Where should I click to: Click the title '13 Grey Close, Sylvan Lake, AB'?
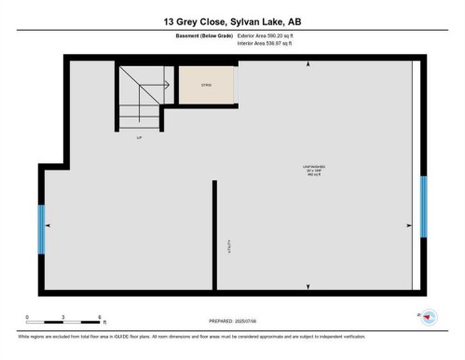232,20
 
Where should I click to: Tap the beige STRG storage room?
206,85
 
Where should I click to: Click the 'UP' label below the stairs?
139,137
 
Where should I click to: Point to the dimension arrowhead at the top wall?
308,65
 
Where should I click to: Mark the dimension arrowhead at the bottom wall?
308,285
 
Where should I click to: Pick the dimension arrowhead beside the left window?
48,225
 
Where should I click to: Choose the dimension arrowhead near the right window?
409,225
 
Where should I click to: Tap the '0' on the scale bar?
27,317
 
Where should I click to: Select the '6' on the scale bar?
100,317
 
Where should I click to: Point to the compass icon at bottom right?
429,317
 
